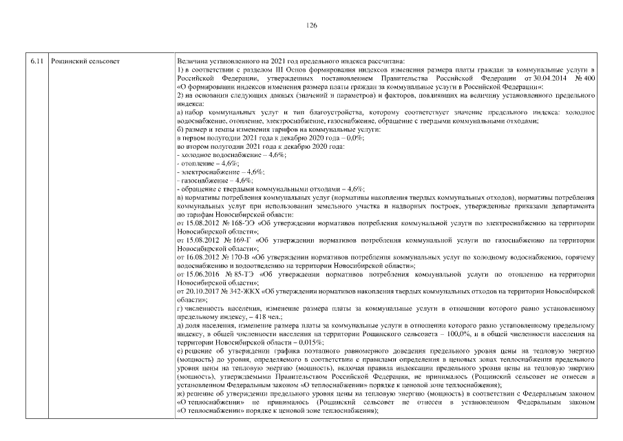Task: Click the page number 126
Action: click(x=311, y=25)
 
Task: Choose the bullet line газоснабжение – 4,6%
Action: click(x=206, y=180)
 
